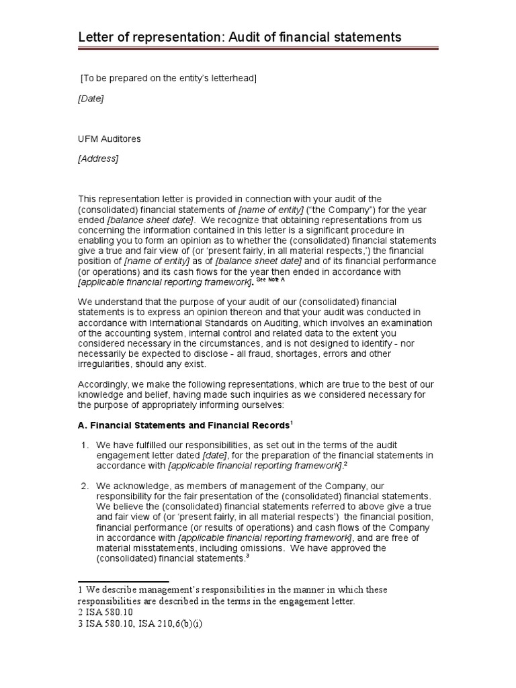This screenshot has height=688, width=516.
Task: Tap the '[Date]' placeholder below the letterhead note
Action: coord(91,99)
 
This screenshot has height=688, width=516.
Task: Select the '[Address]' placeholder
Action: coord(98,159)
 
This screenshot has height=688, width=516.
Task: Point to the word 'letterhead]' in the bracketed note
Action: coord(234,79)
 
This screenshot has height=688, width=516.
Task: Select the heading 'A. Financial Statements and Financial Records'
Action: coord(184,425)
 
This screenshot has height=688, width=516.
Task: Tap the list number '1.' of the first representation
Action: coord(85,445)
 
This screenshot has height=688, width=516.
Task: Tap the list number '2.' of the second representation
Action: coord(85,485)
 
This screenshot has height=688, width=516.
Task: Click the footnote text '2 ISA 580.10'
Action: coord(106,612)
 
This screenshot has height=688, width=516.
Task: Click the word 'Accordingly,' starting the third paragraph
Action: coord(104,385)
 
